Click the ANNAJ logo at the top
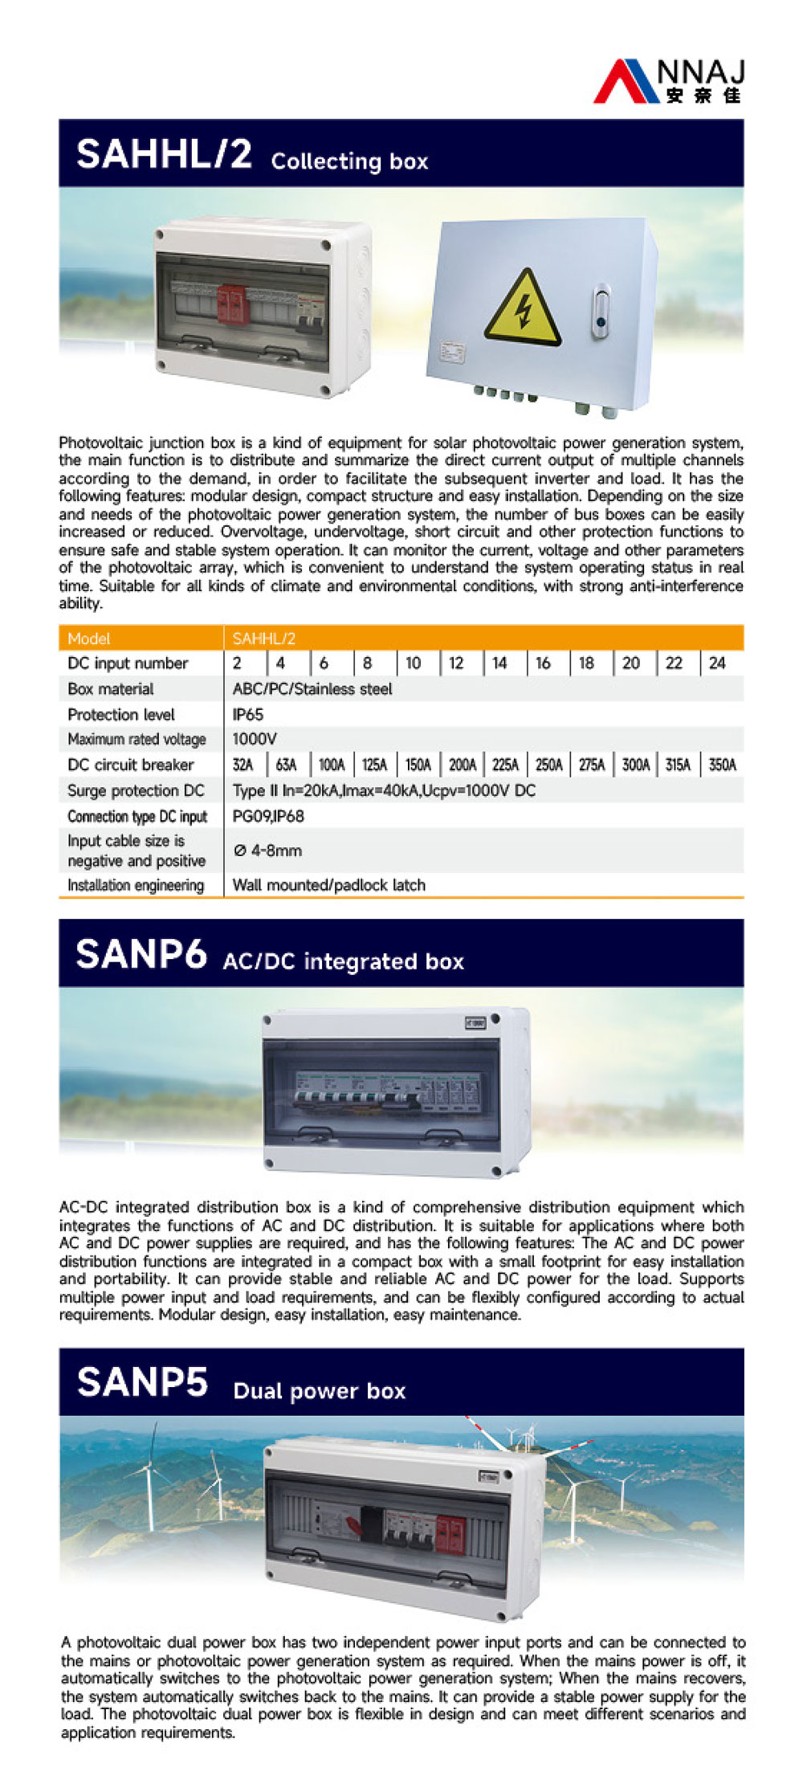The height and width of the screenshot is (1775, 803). click(x=670, y=80)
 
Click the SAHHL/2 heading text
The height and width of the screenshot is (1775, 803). click(x=164, y=153)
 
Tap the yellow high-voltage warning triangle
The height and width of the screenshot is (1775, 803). click(x=522, y=308)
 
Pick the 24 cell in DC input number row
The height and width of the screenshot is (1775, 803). click(x=717, y=663)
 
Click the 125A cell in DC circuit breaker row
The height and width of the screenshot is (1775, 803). click(x=374, y=765)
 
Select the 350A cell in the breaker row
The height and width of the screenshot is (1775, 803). click(x=722, y=765)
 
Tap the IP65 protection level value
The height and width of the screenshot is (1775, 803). click(x=247, y=714)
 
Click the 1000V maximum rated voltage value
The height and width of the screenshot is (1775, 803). click(x=255, y=739)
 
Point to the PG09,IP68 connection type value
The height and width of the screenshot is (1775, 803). click(x=268, y=816)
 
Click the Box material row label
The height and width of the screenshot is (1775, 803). click(x=111, y=688)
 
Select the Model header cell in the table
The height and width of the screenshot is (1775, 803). click(x=89, y=639)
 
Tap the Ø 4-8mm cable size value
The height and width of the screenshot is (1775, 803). click(x=267, y=851)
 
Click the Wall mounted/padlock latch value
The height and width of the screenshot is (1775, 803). click(x=328, y=885)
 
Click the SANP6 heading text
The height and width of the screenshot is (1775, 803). click(x=141, y=954)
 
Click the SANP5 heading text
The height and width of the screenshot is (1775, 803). click(x=142, y=1382)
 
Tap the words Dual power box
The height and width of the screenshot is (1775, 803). click(x=319, y=1391)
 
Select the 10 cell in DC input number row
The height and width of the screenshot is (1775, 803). click(x=413, y=663)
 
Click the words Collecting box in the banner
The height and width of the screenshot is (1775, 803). click(x=349, y=161)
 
